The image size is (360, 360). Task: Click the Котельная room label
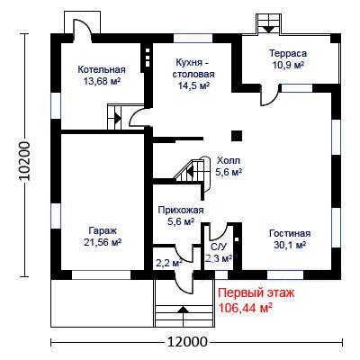[102, 69]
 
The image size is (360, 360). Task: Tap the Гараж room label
[103, 230]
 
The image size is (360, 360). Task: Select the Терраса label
[288, 53]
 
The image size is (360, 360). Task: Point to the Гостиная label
[290, 233]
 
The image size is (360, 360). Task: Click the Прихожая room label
[181, 210]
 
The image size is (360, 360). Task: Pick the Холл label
[229, 160]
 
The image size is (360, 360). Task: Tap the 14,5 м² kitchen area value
[193, 85]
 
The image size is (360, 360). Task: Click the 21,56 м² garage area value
[103, 242]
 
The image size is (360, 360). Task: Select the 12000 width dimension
[187, 341]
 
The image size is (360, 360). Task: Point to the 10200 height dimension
[24, 161]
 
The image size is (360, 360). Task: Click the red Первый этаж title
[256, 292]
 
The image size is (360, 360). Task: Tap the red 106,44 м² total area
[246, 308]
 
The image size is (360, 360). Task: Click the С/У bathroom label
[218, 247]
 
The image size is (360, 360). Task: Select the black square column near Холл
[237, 136]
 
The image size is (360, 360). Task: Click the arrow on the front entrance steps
[184, 310]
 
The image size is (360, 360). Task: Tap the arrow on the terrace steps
[268, 29]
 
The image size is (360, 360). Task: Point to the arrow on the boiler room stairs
[118, 118]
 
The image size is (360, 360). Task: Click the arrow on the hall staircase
[190, 172]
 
